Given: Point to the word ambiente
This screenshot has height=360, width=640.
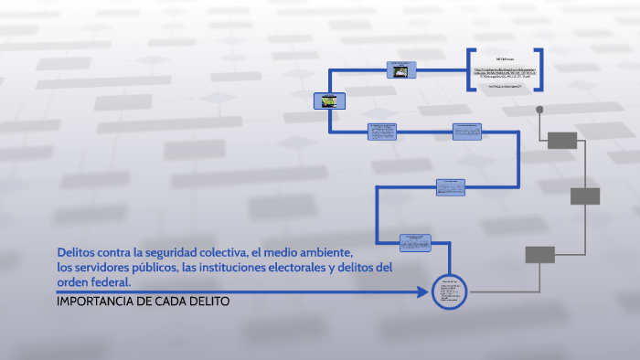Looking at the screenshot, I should pyautogui.click(x=324, y=251).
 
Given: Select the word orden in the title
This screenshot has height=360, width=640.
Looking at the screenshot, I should pyautogui.click(x=73, y=282).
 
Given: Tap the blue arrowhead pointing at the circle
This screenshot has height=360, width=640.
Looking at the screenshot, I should pyautogui.click(x=423, y=292).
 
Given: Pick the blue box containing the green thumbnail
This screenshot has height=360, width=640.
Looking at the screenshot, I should pyautogui.click(x=327, y=101).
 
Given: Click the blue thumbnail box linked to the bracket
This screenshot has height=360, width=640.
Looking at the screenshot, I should pyautogui.click(x=400, y=69).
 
